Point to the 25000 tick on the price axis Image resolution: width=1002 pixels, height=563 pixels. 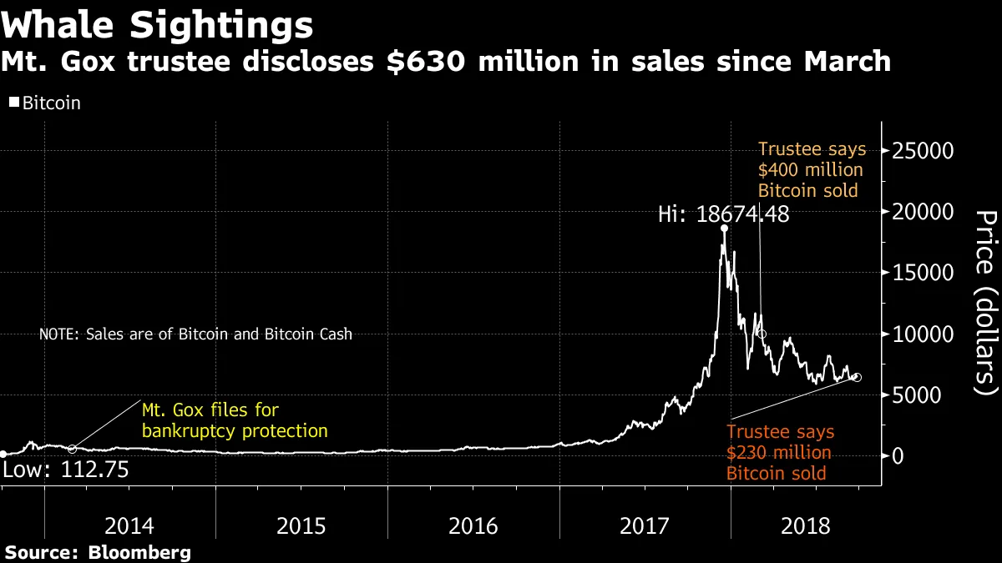pyautogui.click(x=924, y=151)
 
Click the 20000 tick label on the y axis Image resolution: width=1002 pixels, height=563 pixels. pyautogui.click(x=924, y=212)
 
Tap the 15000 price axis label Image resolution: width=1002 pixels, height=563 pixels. pyautogui.click(x=924, y=273)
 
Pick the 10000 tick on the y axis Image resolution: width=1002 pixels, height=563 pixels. pyautogui.click(x=924, y=334)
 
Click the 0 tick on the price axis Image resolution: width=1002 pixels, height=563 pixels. pyautogui.click(x=898, y=455)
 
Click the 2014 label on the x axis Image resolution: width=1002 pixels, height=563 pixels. pyautogui.click(x=129, y=526)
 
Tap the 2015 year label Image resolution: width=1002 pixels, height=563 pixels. pyautogui.click(x=301, y=526)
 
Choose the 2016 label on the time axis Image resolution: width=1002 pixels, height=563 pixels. pyautogui.click(x=473, y=526)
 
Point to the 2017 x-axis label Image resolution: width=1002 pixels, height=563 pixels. pyautogui.click(x=645, y=526)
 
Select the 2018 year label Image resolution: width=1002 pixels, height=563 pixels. pyautogui.click(x=806, y=526)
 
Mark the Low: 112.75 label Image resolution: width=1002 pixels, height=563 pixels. pyautogui.click(x=65, y=470)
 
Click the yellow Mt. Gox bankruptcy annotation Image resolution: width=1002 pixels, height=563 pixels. pyautogui.click(x=235, y=420)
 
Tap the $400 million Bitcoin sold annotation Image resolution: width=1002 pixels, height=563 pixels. pyautogui.click(x=811, y=170)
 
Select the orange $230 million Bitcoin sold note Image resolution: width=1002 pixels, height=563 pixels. pyautogui.click(x=780, y=453)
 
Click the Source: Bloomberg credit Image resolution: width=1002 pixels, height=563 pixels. pyautogui.click(x=99, y=552)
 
